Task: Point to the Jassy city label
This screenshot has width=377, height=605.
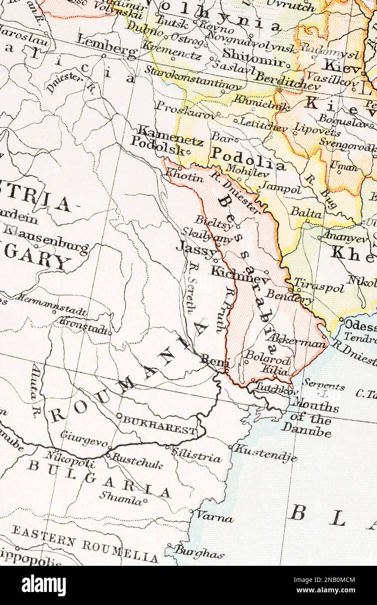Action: pos(196,249)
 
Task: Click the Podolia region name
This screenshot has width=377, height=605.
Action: pos(248,159)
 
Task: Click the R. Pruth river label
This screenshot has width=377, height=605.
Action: pos(223,310)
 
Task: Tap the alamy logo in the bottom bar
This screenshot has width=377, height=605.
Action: pos(44,585)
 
